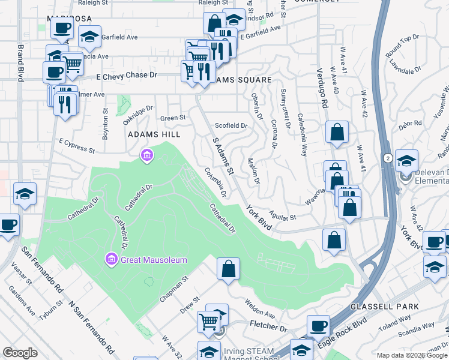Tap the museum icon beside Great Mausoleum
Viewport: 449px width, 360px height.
(x=110, y=260)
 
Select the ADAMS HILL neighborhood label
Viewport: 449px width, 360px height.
(x=154, y=135)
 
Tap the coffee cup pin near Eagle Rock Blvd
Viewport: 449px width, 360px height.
(x=318, y=326)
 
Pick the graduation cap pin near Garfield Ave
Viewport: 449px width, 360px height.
(x=89, y=38)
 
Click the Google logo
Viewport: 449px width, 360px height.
(x=20, y=353)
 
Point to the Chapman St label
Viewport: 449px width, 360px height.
(x=174, y=289)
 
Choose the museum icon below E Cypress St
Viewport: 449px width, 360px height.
(x=146, y=157)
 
